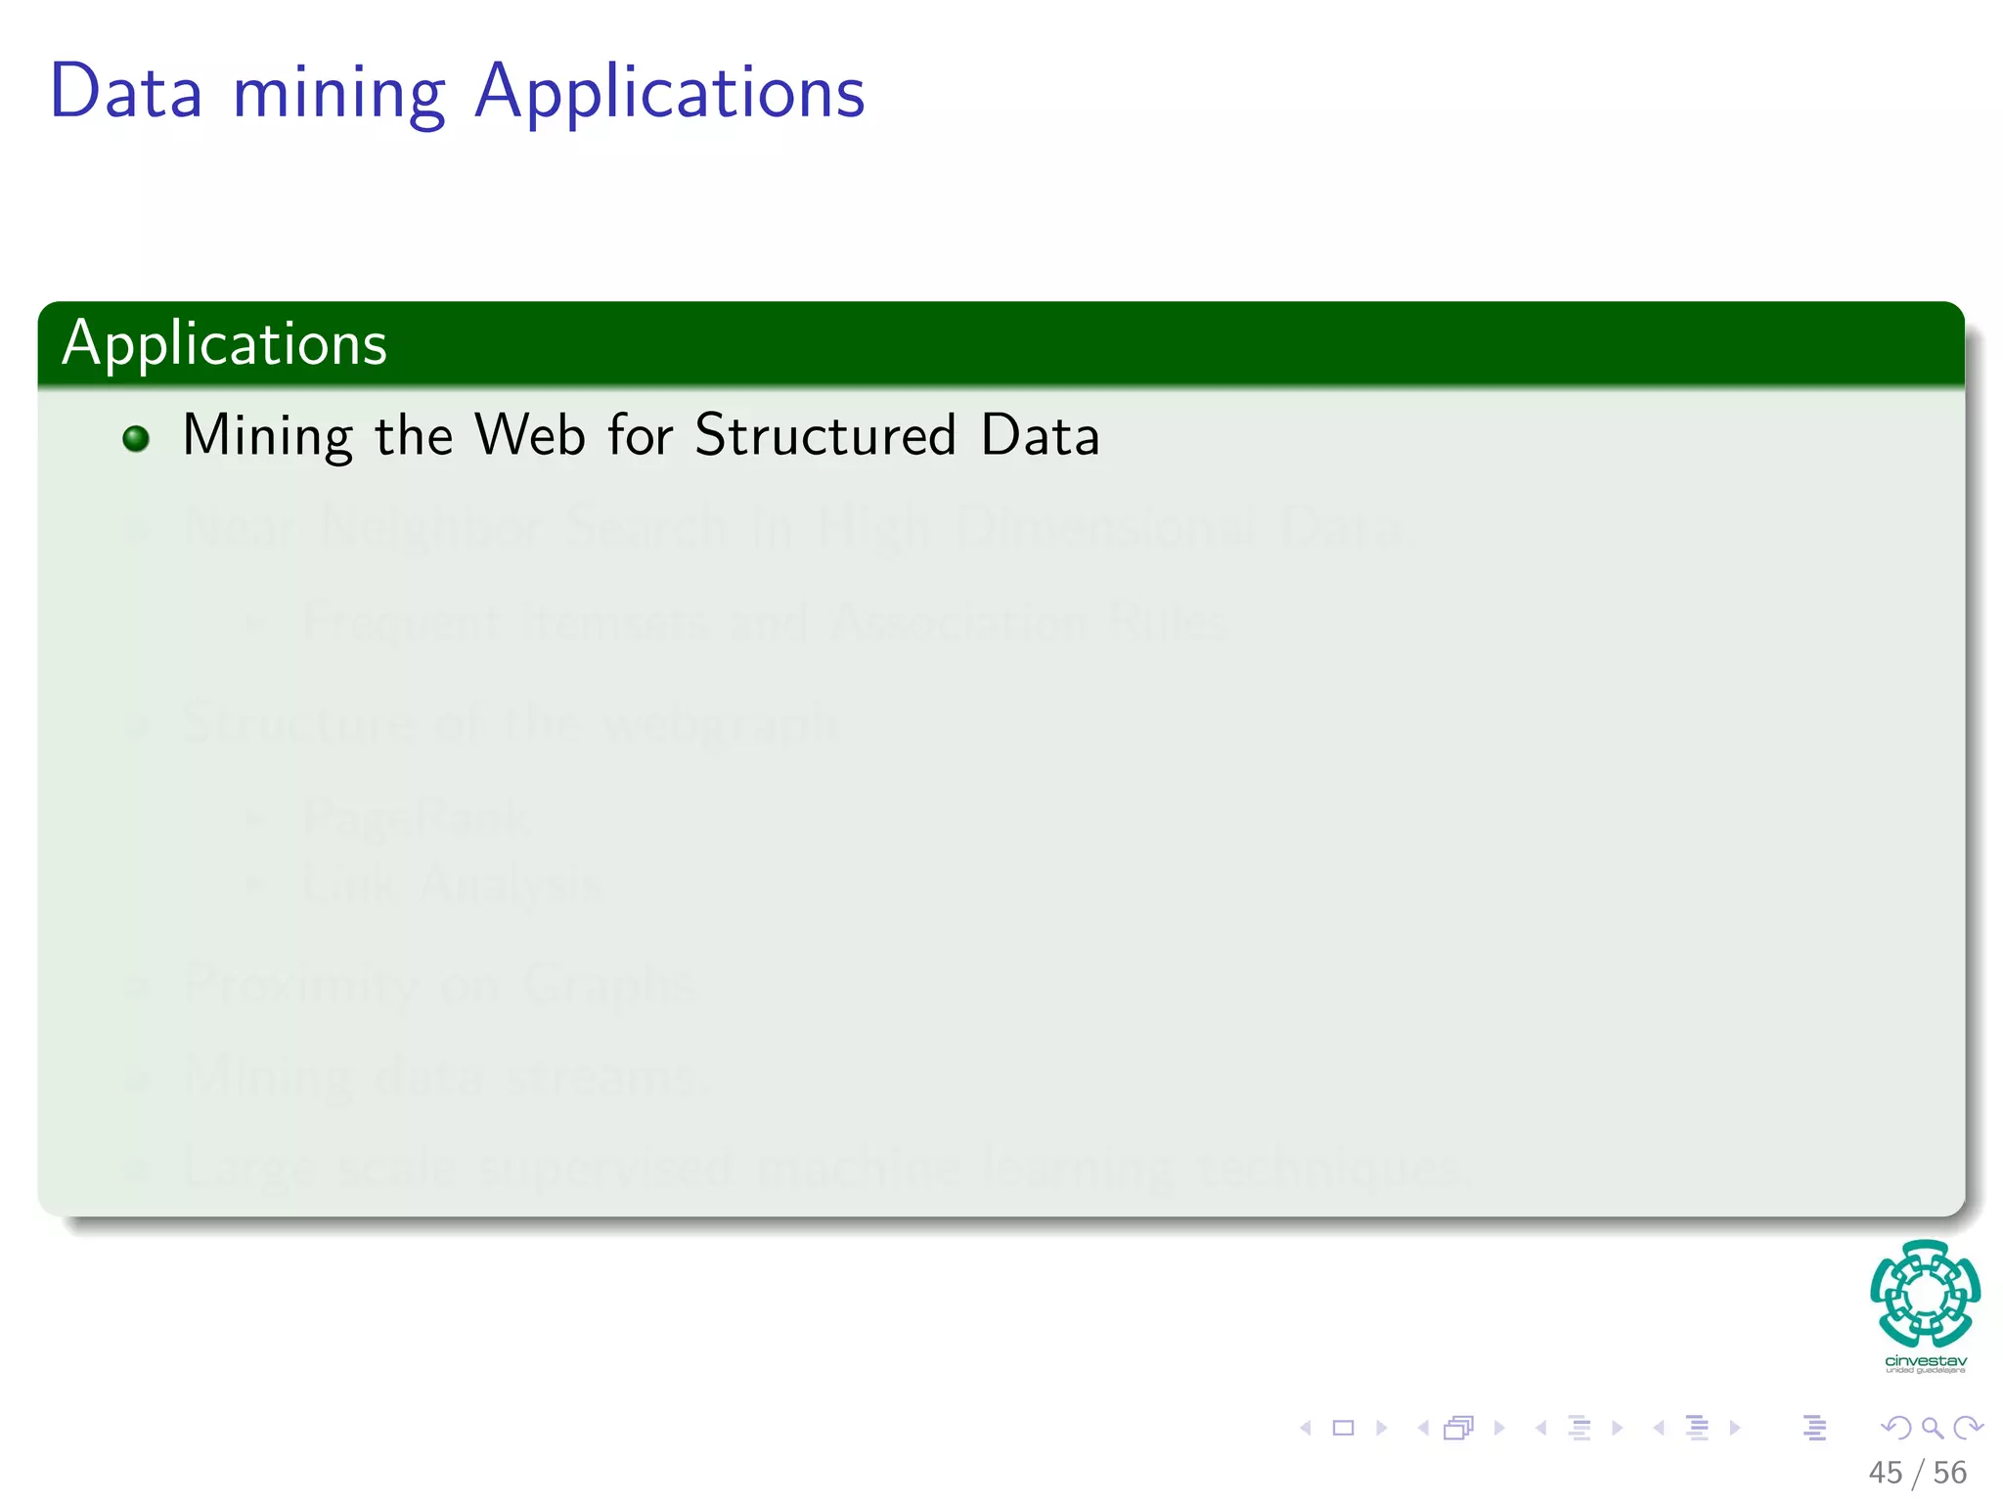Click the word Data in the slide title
(x=126, y=92)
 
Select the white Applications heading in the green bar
(x=225, y=343)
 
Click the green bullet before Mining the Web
(x=136, y=438)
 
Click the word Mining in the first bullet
(x=267, y=436)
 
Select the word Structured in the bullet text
(x=824, y=435)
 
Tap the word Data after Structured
(x=1040, y=435)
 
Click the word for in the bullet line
(x=640, y=435)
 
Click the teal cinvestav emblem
(x=1925, y=1293)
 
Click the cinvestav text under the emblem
(x=1925, y=1360)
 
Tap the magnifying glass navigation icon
(x=1932, y=1428)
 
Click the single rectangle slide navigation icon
(x=1343, y=1428)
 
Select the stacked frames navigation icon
(x=1458, y=1428)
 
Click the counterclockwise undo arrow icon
(x=1895, y=1428)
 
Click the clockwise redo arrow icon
(x=1968, y=1428)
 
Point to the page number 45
(x=1885, y=1473)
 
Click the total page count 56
(x=1949, y=1473)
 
